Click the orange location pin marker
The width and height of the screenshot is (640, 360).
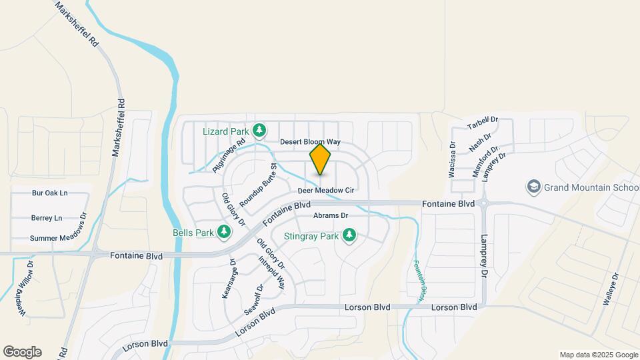(321, 160)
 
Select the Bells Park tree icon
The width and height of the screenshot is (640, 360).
(225, 232)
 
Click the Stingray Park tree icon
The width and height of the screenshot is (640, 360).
(348, 235)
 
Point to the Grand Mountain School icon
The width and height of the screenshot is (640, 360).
(533, 187)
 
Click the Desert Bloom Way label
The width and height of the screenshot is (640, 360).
(310, 142)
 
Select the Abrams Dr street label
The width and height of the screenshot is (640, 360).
(331, 216)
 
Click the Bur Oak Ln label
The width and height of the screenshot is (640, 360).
(50, 193)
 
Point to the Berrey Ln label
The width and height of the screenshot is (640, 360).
(47, 218)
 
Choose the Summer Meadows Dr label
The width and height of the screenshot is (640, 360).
(59, 238)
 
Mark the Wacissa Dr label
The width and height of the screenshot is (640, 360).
(453, 159)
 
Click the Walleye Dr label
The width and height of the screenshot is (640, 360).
(612, 289)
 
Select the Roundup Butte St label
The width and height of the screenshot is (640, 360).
(258, 184)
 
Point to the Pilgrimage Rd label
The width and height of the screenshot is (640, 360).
(229, 156)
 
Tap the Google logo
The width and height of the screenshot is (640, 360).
(22, 352)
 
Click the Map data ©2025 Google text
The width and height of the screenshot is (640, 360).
(599, 355)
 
